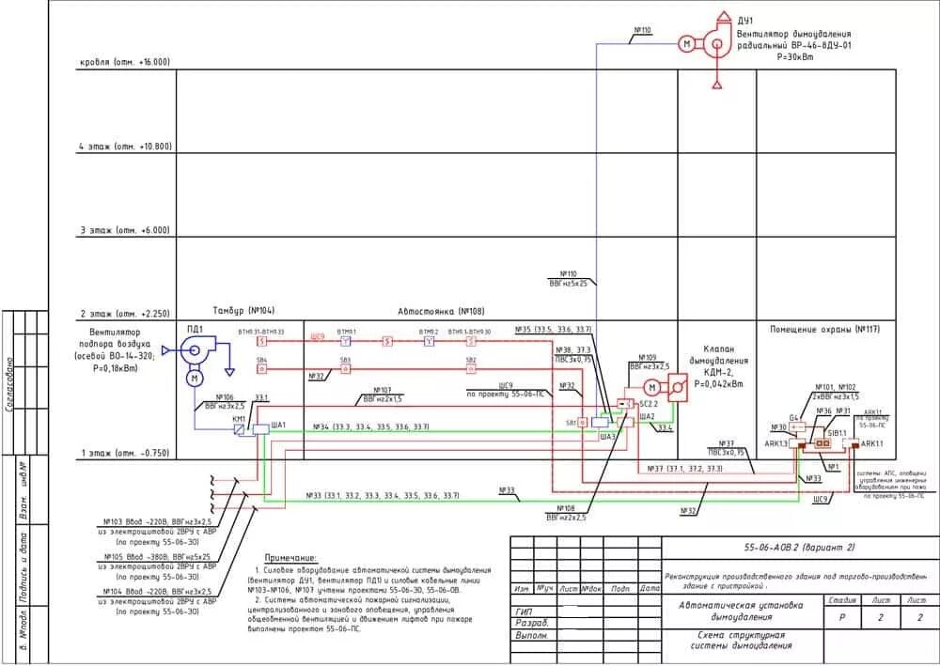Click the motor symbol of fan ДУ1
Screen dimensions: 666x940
686,43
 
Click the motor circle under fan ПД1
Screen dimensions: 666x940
195,378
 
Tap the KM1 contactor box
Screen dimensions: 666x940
240,428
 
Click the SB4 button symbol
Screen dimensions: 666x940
262,369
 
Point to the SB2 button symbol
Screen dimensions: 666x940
470,369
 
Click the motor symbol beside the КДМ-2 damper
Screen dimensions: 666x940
650,387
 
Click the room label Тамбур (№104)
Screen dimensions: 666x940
244,311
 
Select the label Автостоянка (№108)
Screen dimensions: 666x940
428,311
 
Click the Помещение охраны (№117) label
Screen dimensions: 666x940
824,329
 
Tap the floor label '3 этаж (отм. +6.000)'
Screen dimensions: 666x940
124,230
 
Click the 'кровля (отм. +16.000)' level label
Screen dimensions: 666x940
125,62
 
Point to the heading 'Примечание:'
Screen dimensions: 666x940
290,557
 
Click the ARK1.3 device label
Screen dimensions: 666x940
777,443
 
